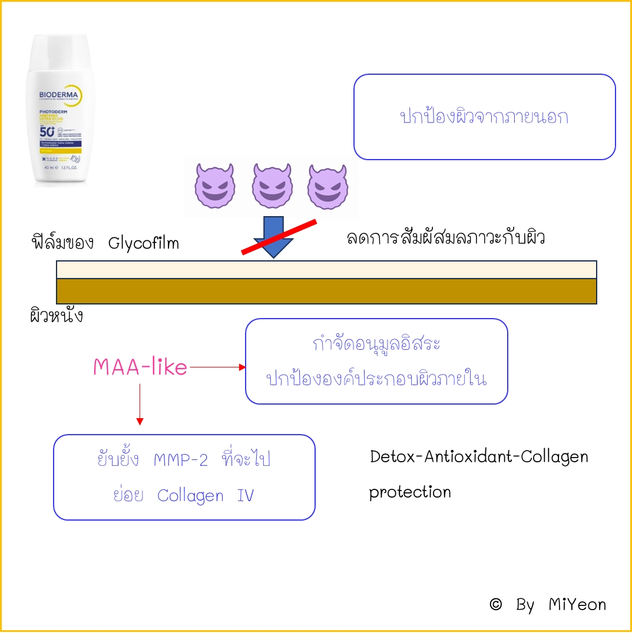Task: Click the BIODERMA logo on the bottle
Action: click(54, 95)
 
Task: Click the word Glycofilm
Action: click(144, 243)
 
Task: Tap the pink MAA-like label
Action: click(140, 367)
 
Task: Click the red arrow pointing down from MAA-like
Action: click(140, 403)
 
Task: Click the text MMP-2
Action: click(181, 460)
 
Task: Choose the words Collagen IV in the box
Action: click(206, 495)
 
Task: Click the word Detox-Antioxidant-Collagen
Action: click(479, 456)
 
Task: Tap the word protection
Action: click(410, 492)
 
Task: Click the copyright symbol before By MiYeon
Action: click(496, 604)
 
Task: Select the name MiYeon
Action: click(577, 604)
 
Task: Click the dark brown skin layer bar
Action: click(326, 291)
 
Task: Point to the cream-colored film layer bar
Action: click(326, 269)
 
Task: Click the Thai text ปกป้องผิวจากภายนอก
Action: click(484, 117)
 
